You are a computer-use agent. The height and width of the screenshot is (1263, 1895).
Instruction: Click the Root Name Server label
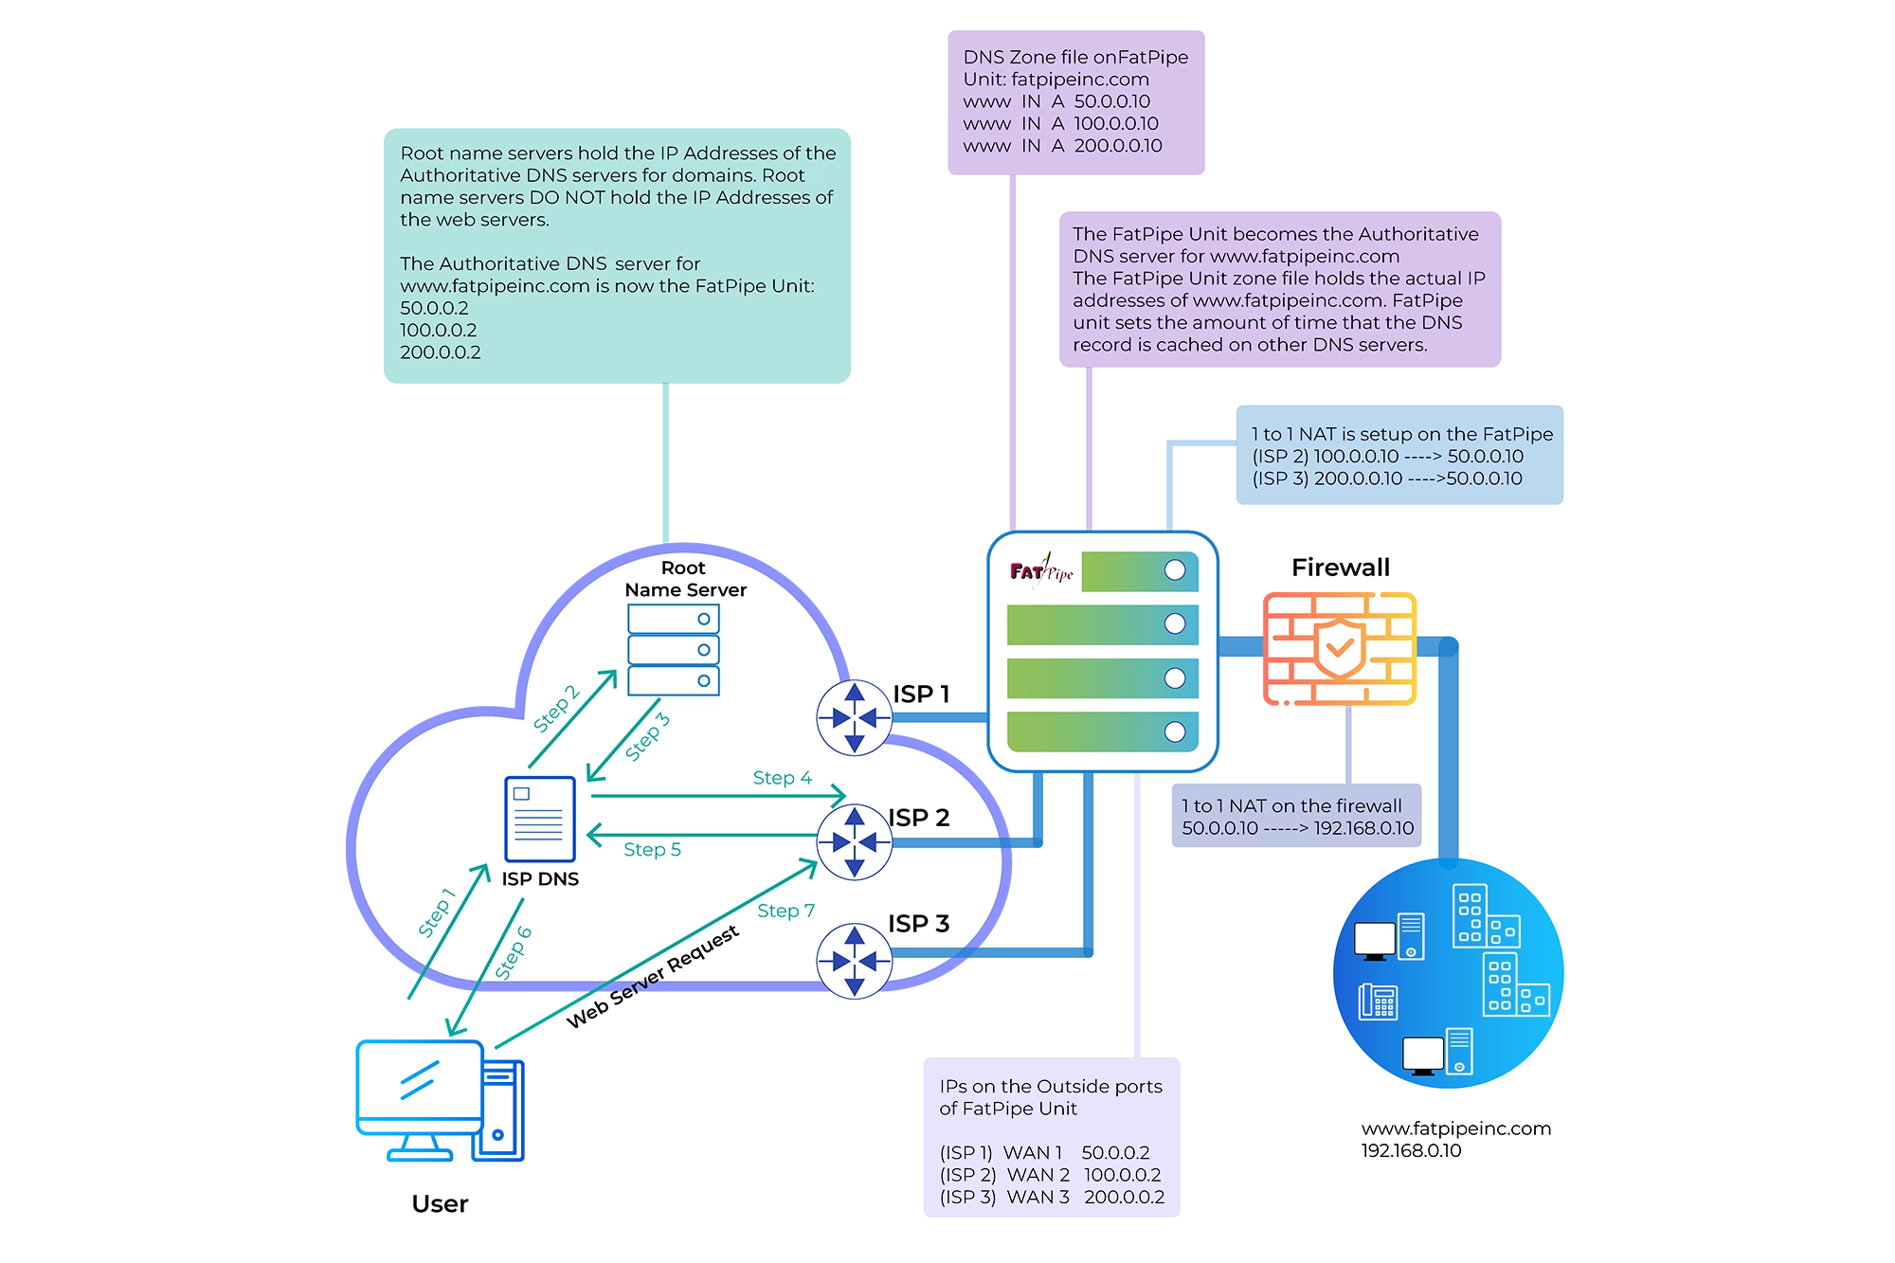click(x=685, y=579)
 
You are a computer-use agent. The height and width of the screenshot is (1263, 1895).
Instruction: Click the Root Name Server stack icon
click(x=674, y=650)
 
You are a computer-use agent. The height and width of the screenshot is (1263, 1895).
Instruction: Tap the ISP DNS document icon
click(x=540, y=819)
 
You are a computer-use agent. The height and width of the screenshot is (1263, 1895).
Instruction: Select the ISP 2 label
click(x=918, y=818)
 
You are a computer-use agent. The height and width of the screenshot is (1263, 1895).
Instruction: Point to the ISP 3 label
click(x=918, y=924)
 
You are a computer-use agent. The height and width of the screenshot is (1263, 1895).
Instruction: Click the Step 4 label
click(x=782, y=778)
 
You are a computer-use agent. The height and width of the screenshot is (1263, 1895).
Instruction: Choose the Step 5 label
click(x=652, y=850)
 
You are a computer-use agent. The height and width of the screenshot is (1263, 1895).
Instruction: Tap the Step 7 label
click(x=785, y=911)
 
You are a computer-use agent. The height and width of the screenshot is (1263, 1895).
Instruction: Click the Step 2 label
click(x=555, y=709)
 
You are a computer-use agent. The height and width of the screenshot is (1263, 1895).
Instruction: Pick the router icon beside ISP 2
click(x=855, y=841)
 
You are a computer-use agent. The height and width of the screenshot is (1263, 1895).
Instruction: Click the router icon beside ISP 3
click(x=855, y=961)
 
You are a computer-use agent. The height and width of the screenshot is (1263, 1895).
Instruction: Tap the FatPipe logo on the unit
click(x=1041, y=570)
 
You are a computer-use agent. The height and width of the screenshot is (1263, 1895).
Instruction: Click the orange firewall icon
click(x=1336, y=650)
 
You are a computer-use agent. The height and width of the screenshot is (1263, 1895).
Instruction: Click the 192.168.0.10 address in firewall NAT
click(x=1363, y=828)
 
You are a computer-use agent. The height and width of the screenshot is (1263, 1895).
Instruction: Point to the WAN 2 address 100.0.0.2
click(x=1122, y=1175)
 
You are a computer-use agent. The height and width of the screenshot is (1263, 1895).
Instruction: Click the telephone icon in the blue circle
click(x=1379, y=1001)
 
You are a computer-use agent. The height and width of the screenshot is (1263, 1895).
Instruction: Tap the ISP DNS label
click(x=540, y=879)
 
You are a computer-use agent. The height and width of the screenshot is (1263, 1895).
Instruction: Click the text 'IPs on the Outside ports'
click(x=1050, y=1087)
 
